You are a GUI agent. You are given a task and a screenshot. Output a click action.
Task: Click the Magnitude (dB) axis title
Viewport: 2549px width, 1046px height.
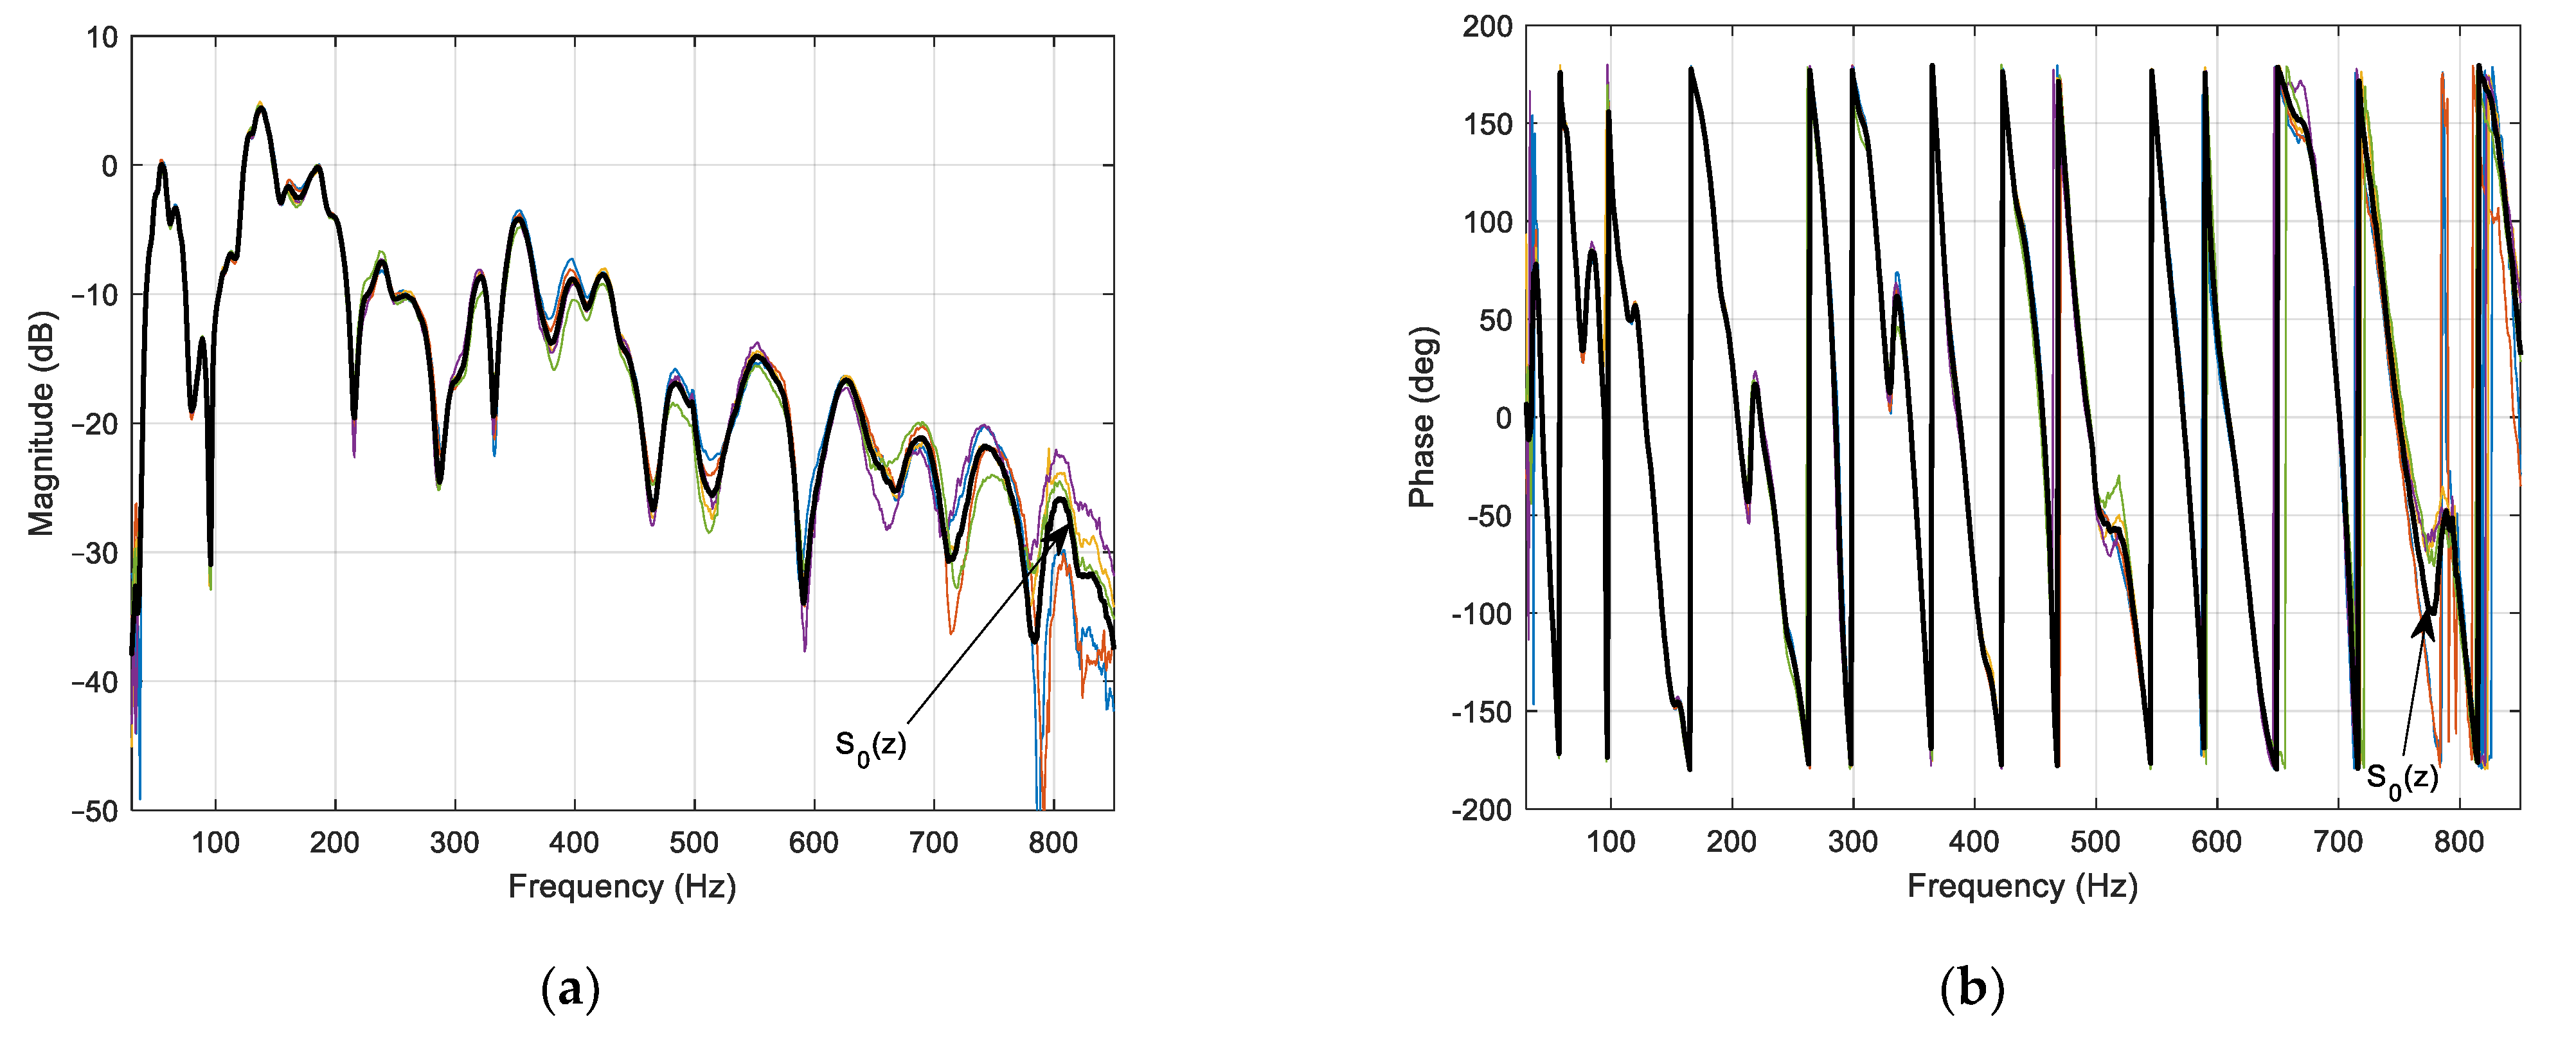pyautogui.click(x=42, y=424)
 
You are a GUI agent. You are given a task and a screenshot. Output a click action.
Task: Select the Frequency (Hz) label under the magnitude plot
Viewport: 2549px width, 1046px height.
pyautogui.click(x=622, y=887)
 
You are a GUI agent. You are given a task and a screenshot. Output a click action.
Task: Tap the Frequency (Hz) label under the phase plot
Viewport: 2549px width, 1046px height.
pyautogui.click(x=2021, y=887)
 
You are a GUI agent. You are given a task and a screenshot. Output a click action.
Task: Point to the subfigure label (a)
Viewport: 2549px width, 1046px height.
pyautogui.click(x=571, y=989)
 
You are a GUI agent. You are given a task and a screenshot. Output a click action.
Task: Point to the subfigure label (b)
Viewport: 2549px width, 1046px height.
pyautogui.click(x=1972, y=989)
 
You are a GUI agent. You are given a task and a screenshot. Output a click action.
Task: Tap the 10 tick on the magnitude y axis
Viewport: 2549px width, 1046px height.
pyautogui.click(x=102, y=37)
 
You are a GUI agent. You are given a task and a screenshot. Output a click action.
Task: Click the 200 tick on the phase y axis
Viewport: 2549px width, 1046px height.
pyautogui.click(x=1487, y=27)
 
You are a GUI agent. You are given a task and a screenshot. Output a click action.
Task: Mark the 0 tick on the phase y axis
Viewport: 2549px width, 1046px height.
pyautogui.click(x=1503, y=418)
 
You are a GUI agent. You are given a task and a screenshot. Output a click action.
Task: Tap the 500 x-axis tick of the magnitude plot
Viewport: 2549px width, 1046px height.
pyautogui.click(x=693, y=843)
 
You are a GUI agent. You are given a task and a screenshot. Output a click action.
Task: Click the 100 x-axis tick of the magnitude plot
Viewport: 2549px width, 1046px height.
pyautogui.click(x=215, y=843)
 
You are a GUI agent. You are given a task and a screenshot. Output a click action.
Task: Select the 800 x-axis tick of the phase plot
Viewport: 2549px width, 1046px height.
pyautogui.click(x=2458, y=842)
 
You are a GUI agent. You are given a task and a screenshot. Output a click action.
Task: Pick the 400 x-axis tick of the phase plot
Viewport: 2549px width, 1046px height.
pyautogui.click(x=1973, y=842)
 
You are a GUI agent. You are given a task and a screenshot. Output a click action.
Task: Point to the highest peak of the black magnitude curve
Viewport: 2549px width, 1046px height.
pyautogui.click(x=260, y=108)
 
